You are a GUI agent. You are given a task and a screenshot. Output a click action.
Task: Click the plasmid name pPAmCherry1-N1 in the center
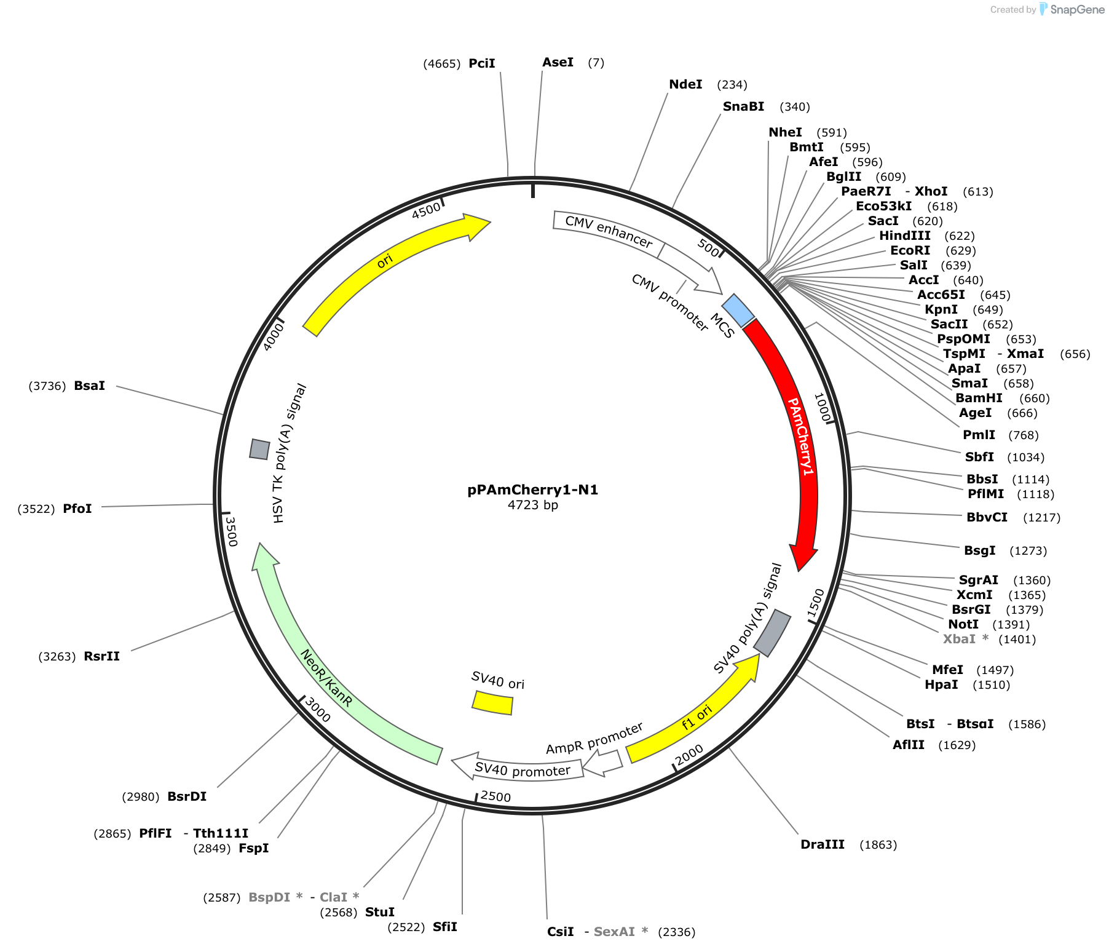click(x=532, y=490)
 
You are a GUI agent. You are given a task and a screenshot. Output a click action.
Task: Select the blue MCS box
click(x=738, y=311)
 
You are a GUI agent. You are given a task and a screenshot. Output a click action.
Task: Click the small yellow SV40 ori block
click(x=492, y=702)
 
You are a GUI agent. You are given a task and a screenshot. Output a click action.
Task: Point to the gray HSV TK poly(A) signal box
click(x=259, y=449)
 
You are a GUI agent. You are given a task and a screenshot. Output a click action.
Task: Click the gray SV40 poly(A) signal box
click(x=772, y=633)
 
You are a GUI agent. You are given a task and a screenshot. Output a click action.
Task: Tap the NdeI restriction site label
click(x=685, y=84)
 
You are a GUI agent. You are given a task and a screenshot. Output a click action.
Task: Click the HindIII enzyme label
click(x=904, y=236)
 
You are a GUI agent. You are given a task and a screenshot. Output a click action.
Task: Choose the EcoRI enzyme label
click(x=910, y=250)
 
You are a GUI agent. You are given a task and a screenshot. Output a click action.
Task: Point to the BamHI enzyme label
click(x=979, y=398)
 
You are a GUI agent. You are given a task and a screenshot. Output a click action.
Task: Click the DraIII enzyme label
click(x=823, y=844)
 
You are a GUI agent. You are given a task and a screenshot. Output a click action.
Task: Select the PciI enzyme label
click(x=482, y=63)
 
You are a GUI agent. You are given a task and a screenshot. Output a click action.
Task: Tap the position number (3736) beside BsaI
click(x=47, y=386)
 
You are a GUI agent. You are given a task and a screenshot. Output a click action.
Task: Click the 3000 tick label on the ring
click(x=318, y=710)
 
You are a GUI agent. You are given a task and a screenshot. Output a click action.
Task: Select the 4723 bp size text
click(x=532, y=505)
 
